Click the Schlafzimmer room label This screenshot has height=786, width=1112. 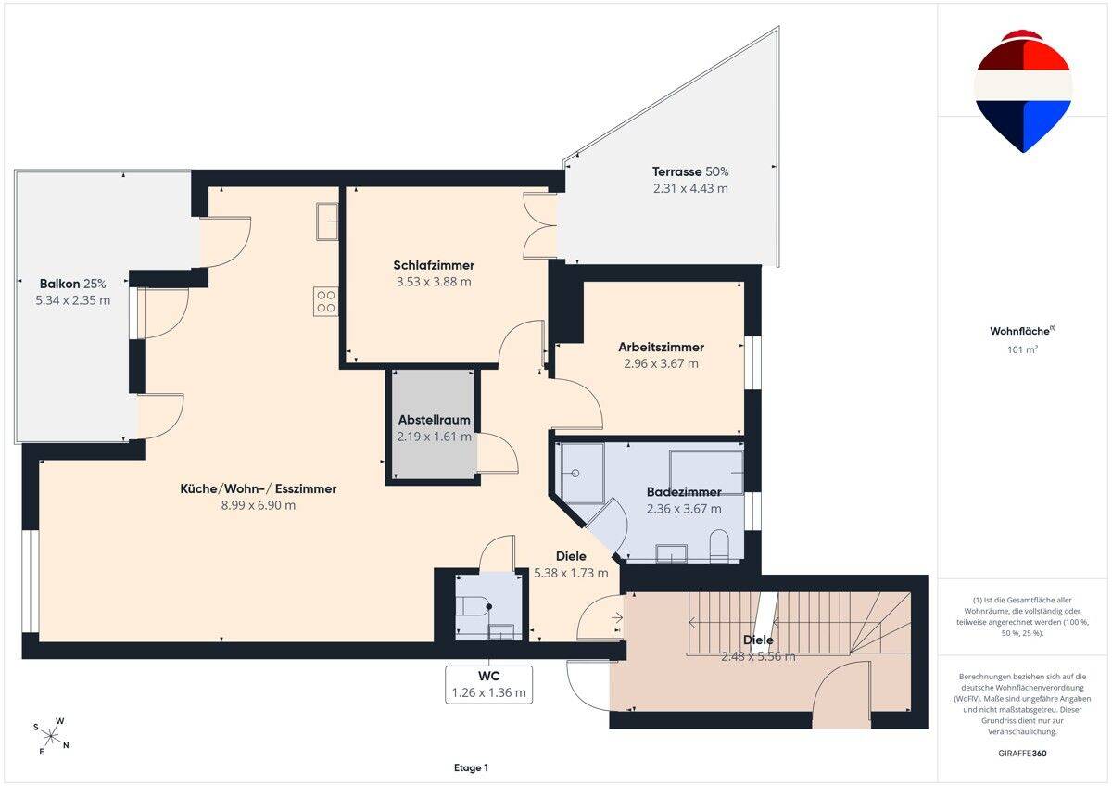(434, 265)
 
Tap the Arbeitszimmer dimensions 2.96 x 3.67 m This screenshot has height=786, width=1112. (661, 363)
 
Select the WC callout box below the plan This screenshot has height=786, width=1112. (488, 685)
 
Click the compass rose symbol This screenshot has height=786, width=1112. (50, 737)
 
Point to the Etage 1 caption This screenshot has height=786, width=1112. (471, 767)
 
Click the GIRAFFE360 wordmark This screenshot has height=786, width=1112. (1022, 754)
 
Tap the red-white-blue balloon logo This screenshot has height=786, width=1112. (1023, 91)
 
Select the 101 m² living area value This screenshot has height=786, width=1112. (1022, 349)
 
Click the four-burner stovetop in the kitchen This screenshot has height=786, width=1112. (325, 301)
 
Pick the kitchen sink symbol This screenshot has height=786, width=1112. (327, 222)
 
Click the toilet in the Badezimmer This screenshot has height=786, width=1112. (719, 546)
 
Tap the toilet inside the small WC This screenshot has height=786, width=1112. (474, 606)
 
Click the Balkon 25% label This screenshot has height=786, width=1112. (72, 284)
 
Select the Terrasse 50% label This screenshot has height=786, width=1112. (690, 171)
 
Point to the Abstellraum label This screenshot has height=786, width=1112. (434, 420)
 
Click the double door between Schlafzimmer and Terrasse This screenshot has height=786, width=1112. (539, 225)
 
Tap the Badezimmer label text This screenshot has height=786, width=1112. (684, 492)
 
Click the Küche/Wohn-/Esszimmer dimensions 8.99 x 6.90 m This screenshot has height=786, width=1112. (259, 505)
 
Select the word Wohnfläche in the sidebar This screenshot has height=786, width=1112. (1019, 331)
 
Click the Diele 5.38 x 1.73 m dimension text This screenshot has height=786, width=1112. (571, 573)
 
